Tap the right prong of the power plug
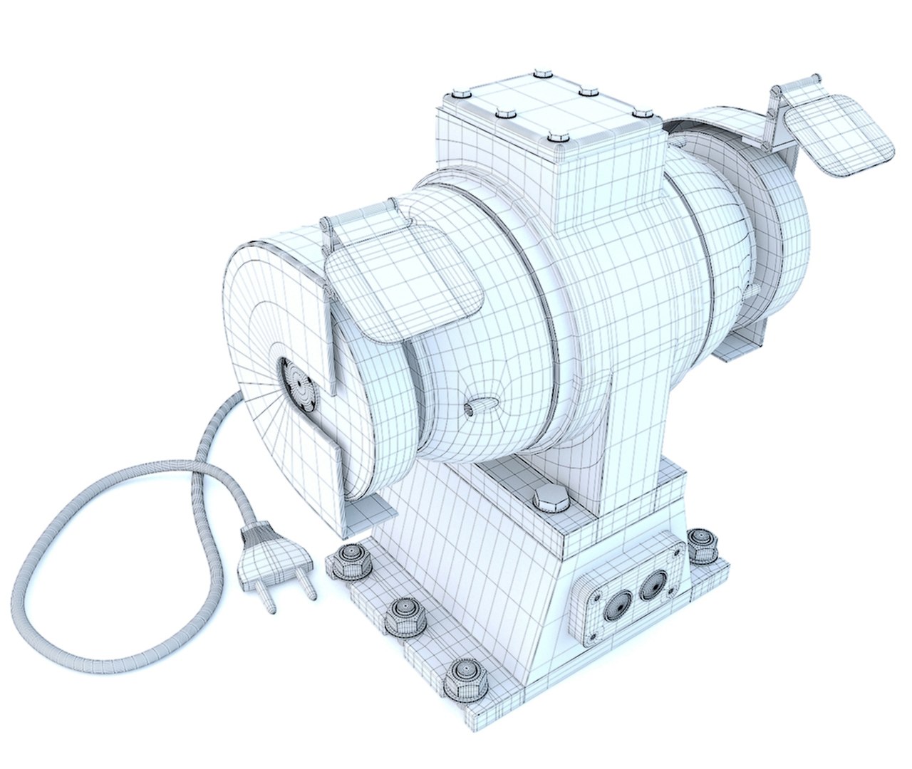click(x=307, y=587)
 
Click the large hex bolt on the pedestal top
click(x=550, y=498)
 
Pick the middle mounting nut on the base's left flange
click(x=405, y=615)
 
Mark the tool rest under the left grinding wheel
click(x=370, y=516)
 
